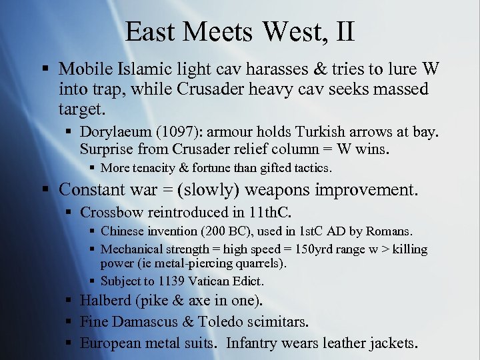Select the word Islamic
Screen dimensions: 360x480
(x=144, y=69)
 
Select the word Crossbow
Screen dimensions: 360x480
(x=107, y=213)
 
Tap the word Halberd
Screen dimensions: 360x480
(x=105, y=301)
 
